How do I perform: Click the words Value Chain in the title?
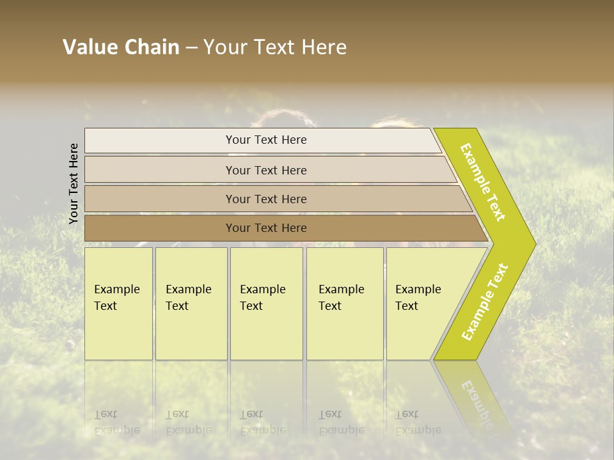[x=121, y=47]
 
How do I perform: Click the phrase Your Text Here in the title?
[x=275, y=47]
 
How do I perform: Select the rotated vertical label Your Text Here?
[x=74, y=183]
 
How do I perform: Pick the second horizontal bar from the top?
[x=266, y=170]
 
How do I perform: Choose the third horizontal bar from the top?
[x=266, y=199]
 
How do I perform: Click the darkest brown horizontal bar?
[x=266, y=228]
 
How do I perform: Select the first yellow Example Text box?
[x=118, y=303]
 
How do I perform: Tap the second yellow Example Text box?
[x=191, y=303]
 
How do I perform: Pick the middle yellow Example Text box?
[x=266, y=303]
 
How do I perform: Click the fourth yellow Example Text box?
[x=344, y=303]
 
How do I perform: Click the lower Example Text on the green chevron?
[x=485, y=302]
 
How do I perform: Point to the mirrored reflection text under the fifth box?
[x=418, y=422]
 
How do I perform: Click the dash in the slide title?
[x=191, y=48]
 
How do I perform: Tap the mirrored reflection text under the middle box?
[x=262, y=422]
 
